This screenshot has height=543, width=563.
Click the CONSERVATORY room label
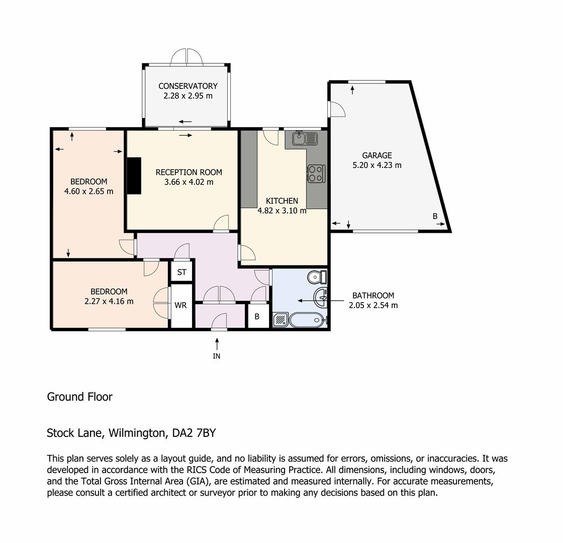188,86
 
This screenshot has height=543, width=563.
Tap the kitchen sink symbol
305,139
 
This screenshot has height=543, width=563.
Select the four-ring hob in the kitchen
316,173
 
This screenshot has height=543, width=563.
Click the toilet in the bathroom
317,277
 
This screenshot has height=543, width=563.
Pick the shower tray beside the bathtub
280,320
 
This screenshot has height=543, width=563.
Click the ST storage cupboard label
181,272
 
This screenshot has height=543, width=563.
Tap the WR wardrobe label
180,305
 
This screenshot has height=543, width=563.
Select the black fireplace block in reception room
134,175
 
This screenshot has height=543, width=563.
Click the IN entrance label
217,356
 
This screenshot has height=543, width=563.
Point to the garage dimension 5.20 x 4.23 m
377,165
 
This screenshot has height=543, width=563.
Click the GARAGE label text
377,155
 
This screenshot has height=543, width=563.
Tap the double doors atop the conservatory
186,57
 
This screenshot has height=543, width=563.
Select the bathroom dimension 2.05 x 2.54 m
373,305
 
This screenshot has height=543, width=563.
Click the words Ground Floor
80,397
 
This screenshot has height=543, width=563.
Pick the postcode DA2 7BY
194,433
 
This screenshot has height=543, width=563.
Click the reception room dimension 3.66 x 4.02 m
189,182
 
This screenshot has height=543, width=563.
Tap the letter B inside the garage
435,216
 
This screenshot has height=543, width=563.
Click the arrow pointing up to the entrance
217,344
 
